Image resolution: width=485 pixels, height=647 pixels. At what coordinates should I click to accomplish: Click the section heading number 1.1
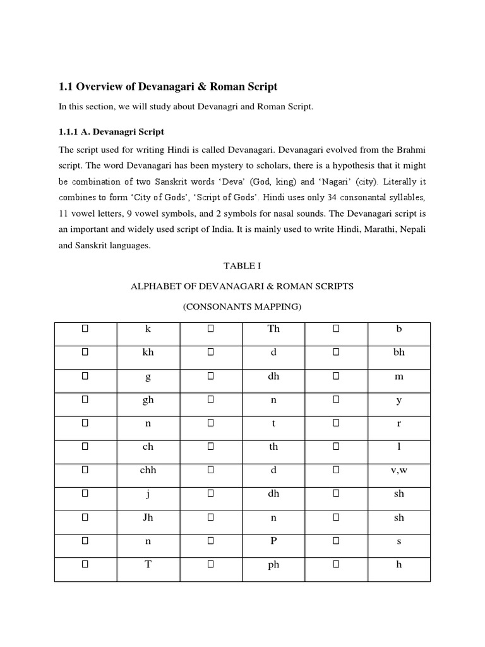(x=66, y=86)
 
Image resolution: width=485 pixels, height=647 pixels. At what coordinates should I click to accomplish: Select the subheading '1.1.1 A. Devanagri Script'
(x=111, y=132)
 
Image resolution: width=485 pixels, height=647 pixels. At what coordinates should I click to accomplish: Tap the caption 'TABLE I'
(x=242, y=266)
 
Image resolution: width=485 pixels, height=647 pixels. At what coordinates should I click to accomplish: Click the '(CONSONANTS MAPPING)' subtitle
(x=242, y=307)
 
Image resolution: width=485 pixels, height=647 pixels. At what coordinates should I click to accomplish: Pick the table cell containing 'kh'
(x=148, y=353)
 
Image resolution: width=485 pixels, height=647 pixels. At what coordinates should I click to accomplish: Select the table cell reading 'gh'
(x=148, y=400)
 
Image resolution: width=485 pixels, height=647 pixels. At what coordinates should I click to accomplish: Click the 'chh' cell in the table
(x=148, y=471)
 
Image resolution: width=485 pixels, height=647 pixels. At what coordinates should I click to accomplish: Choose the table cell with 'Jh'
(x=148, y=518)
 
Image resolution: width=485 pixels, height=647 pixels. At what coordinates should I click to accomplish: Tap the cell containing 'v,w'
(x=399, y=471)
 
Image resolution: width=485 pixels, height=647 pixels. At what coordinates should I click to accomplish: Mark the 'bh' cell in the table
(x=399, y=353)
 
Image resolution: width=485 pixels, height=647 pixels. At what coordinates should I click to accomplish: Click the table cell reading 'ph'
(x=273, y=565)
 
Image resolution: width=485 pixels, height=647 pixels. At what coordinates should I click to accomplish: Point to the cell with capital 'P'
(x=273, y=541)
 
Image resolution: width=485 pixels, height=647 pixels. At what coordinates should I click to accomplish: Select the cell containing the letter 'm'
(x=399, y=377)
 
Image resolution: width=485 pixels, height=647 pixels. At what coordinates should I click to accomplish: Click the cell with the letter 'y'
(x=399, y=400)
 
